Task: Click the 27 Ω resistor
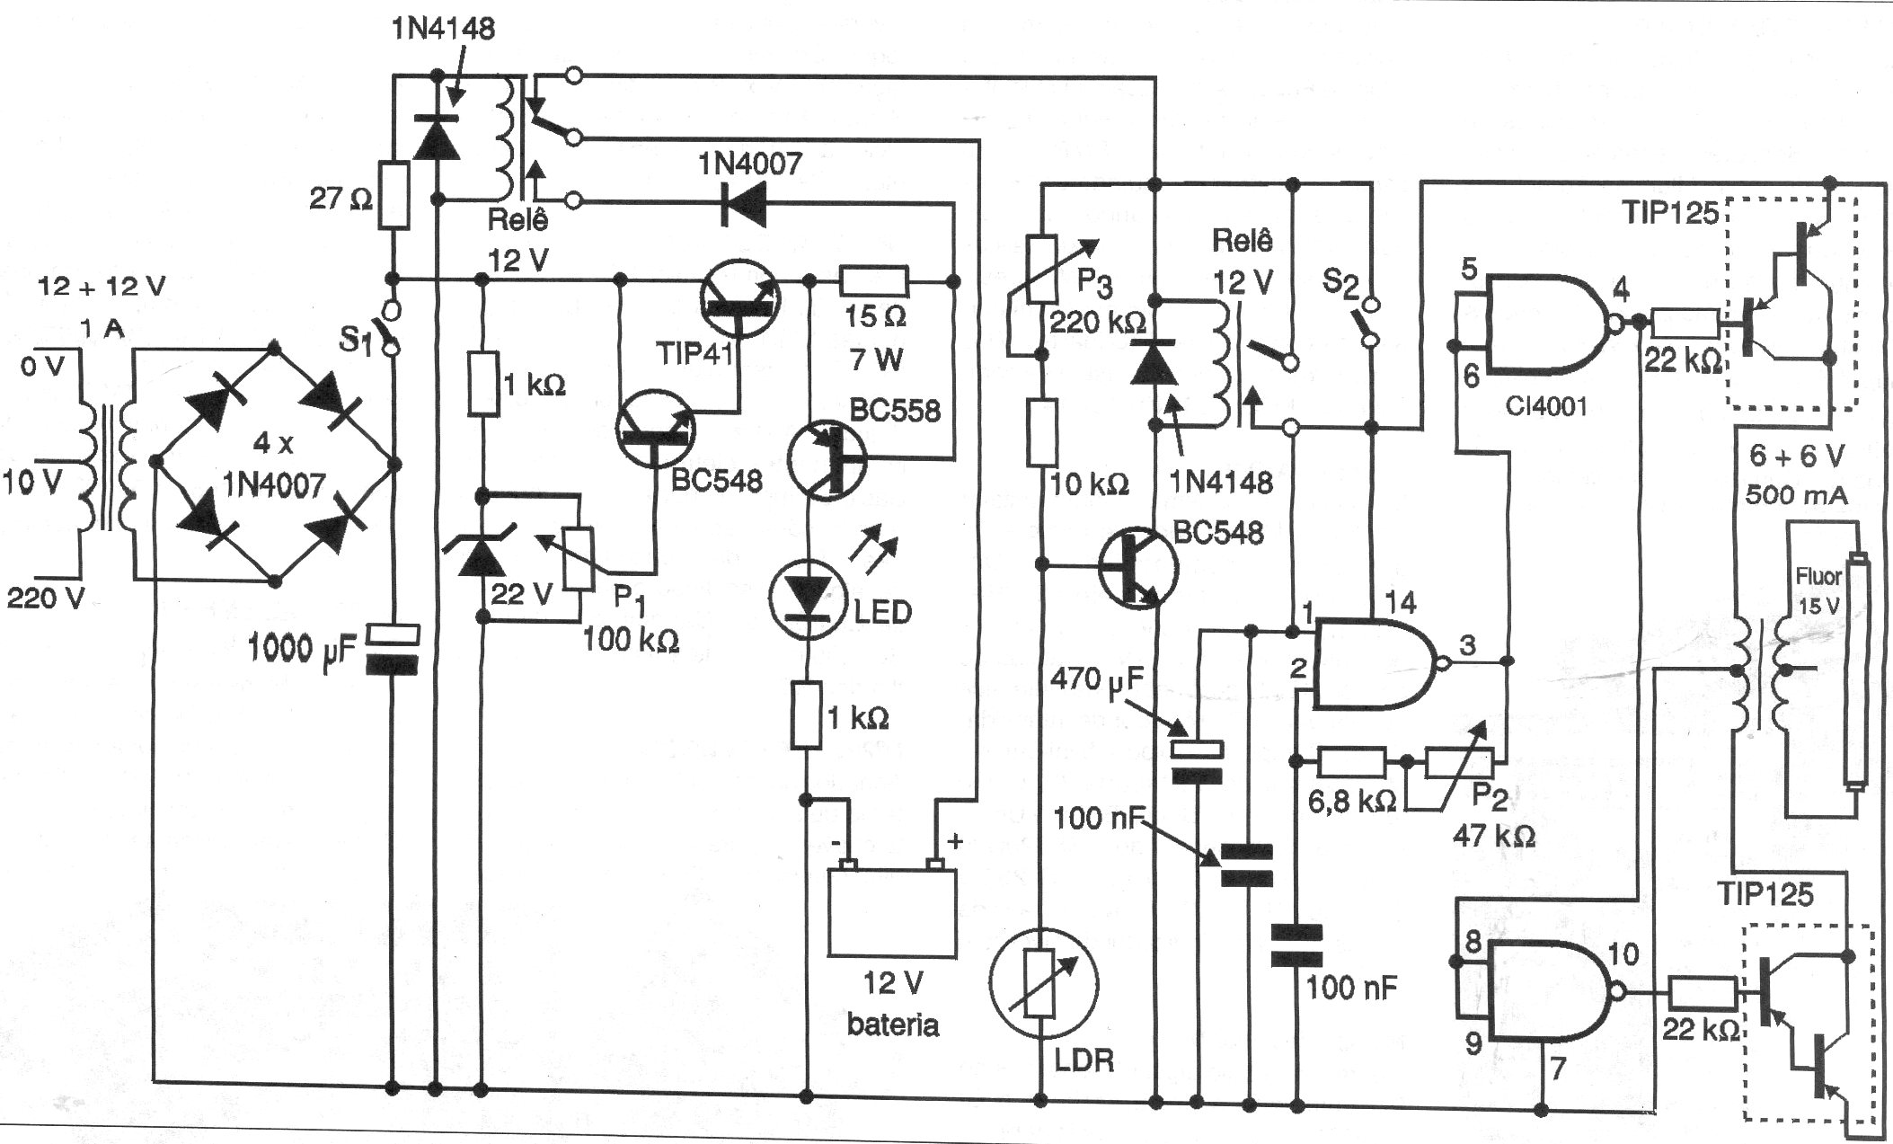394,194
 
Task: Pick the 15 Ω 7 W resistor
873,281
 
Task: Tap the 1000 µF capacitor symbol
394,650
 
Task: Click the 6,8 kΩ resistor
1351,762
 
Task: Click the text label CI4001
1545,406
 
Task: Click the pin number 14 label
1401,603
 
